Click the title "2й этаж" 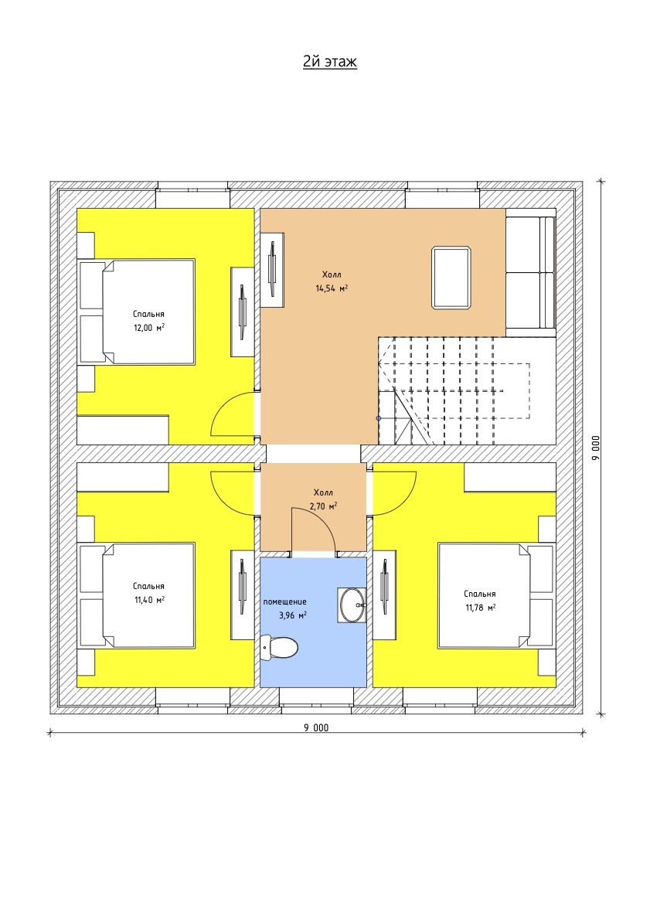(330, 62)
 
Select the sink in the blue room (352, 605)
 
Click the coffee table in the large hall (451, 278)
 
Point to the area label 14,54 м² (332, 288)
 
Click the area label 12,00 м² (148, 327)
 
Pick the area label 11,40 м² (148, 600)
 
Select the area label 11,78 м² (481, 607)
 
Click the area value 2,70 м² (322, 506)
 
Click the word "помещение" (284, 602)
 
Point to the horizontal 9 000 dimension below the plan (316, 728)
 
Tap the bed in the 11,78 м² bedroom (496, 595)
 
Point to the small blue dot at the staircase (379, 418)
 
